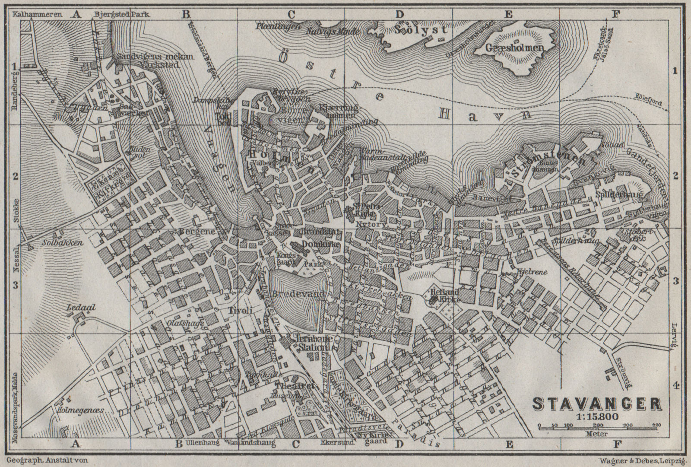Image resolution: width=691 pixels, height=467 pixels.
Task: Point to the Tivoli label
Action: pyautogui.click(x=240, y=310)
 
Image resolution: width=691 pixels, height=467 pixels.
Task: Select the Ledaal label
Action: pyautogui.click(x=75, y=308)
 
